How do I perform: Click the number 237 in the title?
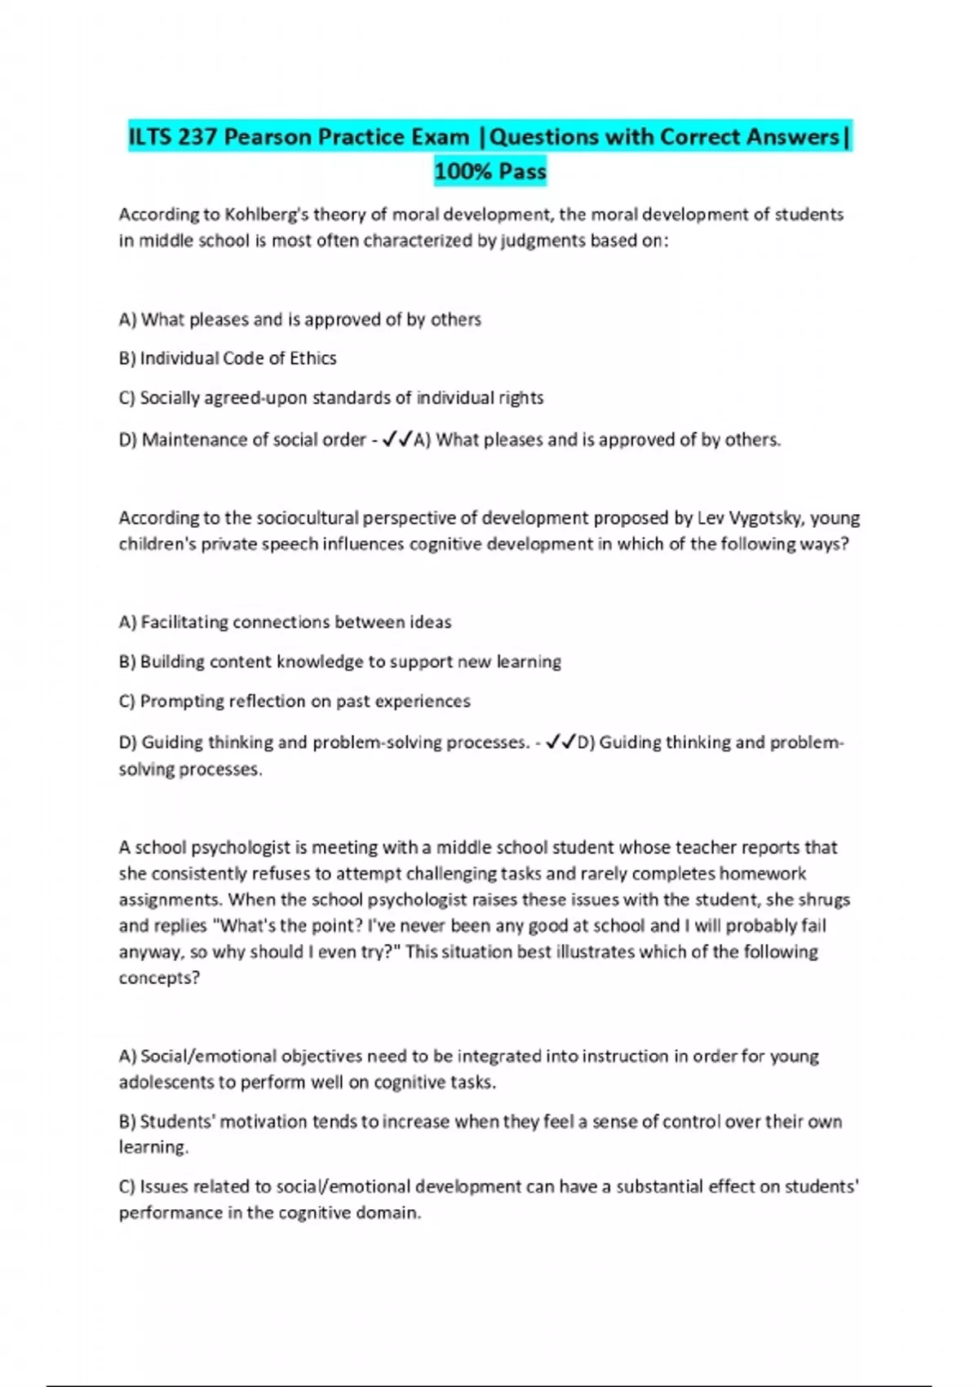click(x=197, y=137)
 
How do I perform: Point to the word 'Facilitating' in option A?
click(x=184, y=623)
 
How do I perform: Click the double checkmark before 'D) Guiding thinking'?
click(x=560, y=742)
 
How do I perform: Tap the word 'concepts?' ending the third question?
click(x=159, y=978)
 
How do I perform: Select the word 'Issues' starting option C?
click(x=164, y=1187)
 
